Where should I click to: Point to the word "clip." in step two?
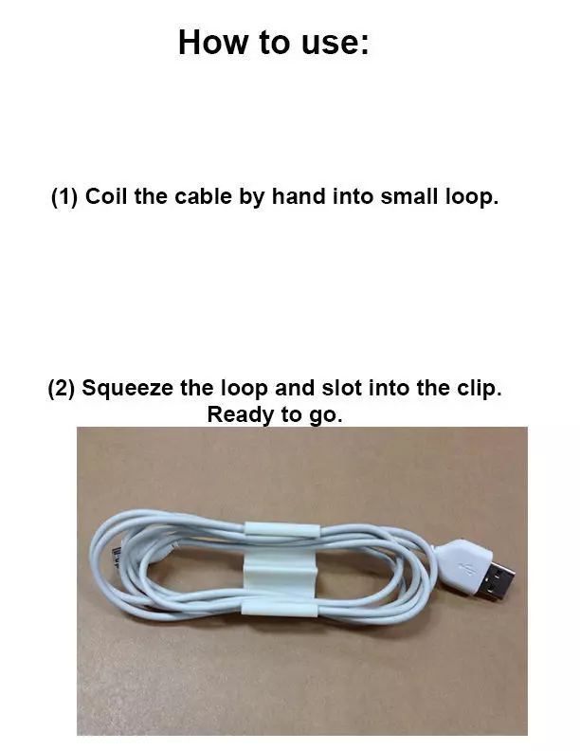tap(475, 389)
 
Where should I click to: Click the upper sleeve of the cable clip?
tap(282, 532)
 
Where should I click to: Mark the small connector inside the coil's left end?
tap(117, 552)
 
